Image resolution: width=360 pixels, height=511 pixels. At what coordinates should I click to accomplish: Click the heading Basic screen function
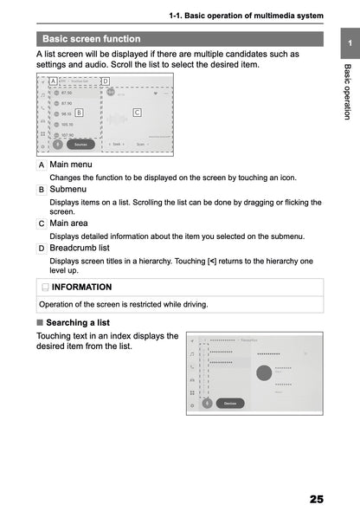91,38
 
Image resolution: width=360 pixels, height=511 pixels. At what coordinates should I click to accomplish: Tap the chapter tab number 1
346,43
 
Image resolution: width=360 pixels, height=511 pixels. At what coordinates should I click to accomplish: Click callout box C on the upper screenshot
137,112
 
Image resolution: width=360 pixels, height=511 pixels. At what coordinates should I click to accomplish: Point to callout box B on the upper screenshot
78,112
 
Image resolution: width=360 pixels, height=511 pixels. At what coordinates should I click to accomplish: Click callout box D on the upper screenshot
105,81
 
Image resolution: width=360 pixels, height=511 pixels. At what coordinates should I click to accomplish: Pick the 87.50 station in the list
66,93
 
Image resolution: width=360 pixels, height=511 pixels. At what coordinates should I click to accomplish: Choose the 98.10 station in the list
66,113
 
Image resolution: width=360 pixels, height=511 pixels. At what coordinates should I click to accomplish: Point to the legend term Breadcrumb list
79,248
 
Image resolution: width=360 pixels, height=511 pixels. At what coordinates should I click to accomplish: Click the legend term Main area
72,223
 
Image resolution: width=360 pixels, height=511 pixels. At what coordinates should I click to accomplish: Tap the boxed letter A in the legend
42,165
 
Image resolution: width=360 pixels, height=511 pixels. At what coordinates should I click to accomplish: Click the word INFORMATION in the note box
81,286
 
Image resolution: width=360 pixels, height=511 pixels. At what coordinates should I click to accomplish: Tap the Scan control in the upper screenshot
140,145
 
